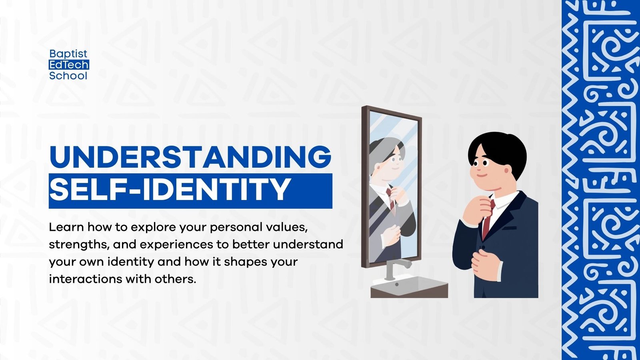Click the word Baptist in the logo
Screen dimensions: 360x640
click(68, 54)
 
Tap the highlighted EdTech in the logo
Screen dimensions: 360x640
click(68, 65)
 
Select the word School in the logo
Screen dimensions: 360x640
click(68, 76)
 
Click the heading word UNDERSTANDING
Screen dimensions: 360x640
click(190, 157)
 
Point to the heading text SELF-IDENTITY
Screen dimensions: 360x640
click(170, 190)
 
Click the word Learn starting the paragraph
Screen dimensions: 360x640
click(66, 227)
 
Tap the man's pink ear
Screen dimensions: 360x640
click(507, 170)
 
